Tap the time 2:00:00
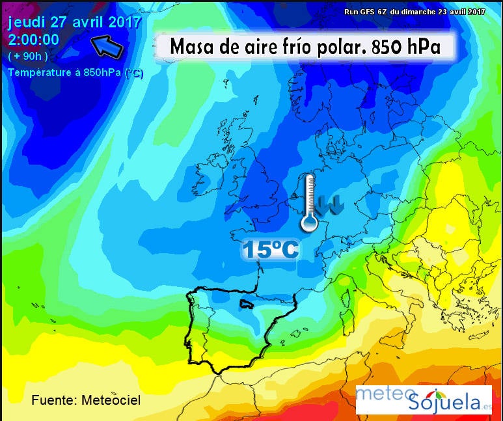coord(34,39)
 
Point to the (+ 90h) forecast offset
coord(27,56)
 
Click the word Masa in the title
coord(189,47)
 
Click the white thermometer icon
coord(309,202)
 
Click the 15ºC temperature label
coord(271,249)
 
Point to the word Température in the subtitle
coord(38,72)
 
